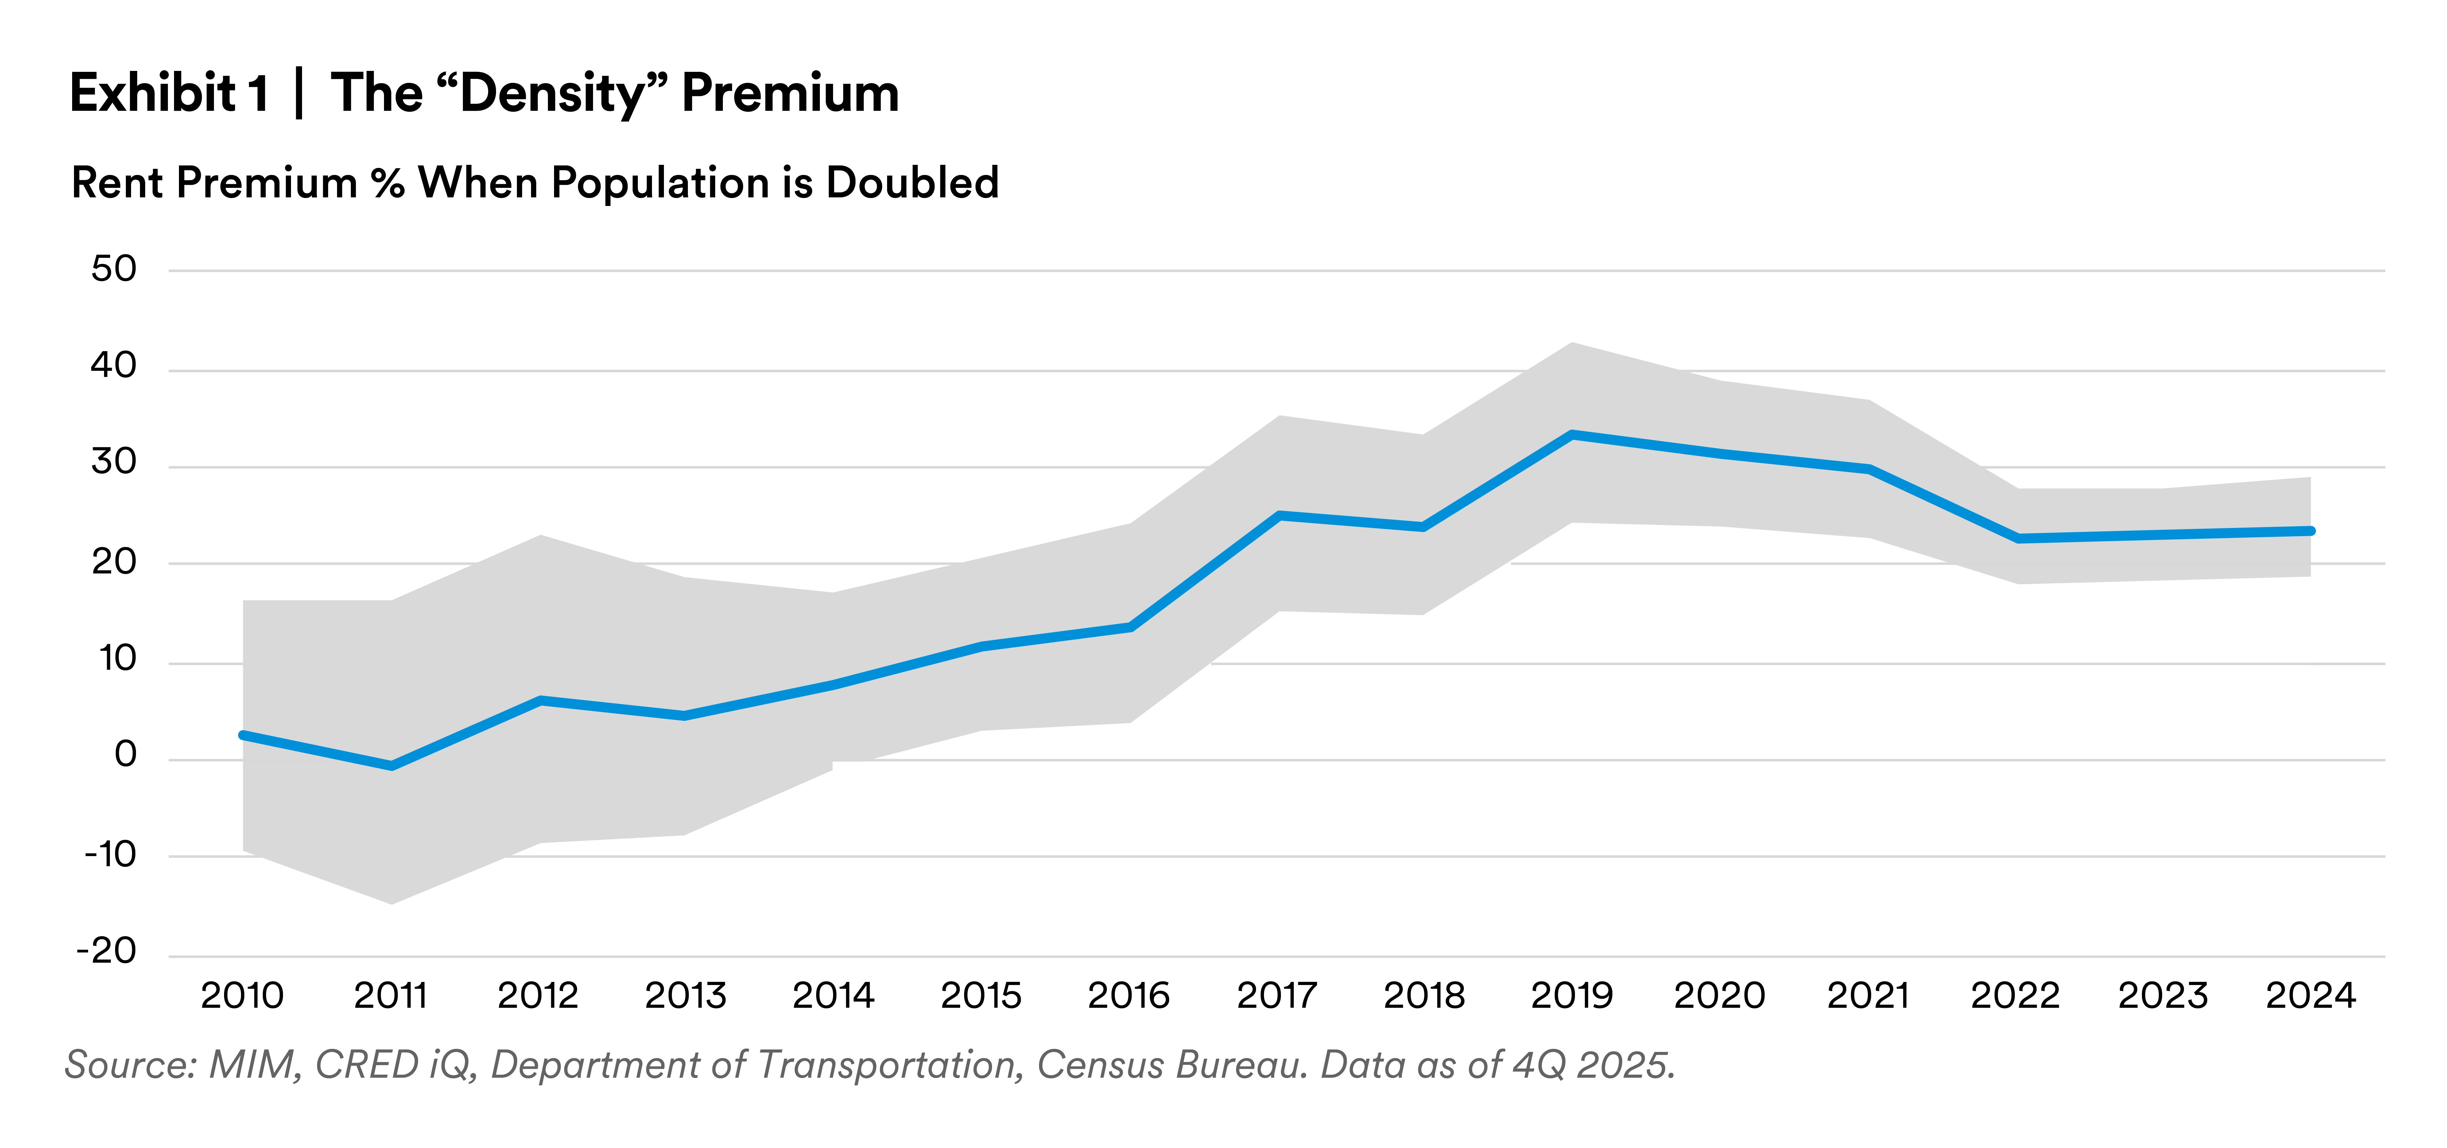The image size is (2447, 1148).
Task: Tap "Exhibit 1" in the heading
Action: (168, 95)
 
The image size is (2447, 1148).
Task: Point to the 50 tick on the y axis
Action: (114, 270)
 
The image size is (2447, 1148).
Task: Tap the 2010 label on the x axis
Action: (241, 995)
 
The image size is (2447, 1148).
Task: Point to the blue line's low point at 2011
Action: (390, 765)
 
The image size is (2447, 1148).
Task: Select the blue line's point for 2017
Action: (1278, 516)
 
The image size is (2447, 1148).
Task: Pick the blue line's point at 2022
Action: (2016, 538)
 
